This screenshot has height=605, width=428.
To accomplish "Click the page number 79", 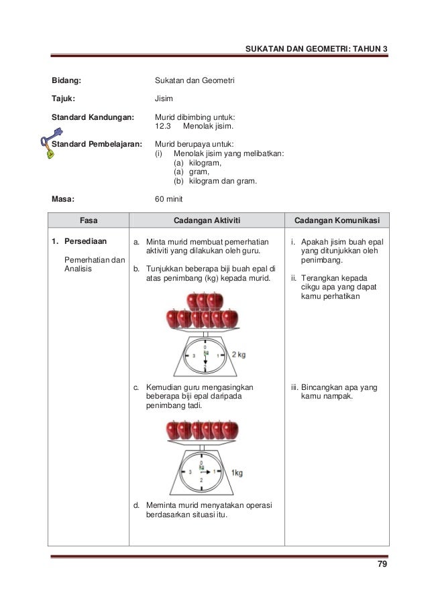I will coord(382,564).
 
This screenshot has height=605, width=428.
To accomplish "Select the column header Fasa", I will coord(88,220).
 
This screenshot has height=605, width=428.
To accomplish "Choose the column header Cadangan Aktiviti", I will coord(207,220).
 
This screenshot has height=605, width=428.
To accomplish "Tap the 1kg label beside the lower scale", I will coord(237,472).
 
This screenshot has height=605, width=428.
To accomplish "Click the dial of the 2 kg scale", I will coord(205,356).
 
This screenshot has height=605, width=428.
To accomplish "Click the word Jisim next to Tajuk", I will coord(164,98).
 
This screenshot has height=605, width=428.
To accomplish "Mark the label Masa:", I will coord(64,199).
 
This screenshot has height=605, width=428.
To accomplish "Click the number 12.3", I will coord(163,125).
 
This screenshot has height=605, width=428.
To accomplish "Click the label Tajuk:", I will coord(64,98).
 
